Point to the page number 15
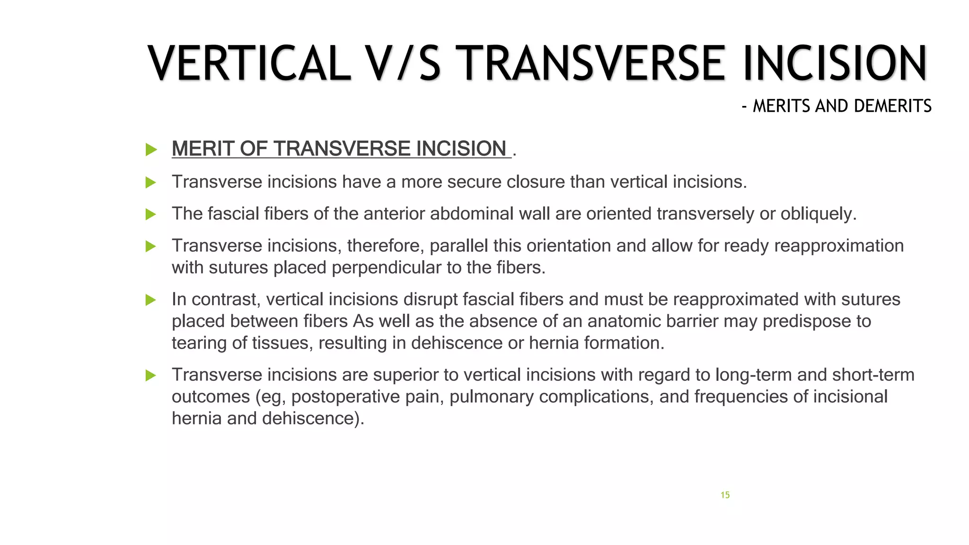coord(725,495)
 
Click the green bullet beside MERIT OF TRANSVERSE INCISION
coord(151,149)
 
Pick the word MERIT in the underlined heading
coord(203,149)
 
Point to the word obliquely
coord(818,214)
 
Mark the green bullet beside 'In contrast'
coord(151,300)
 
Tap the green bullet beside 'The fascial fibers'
coord(151,214)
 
